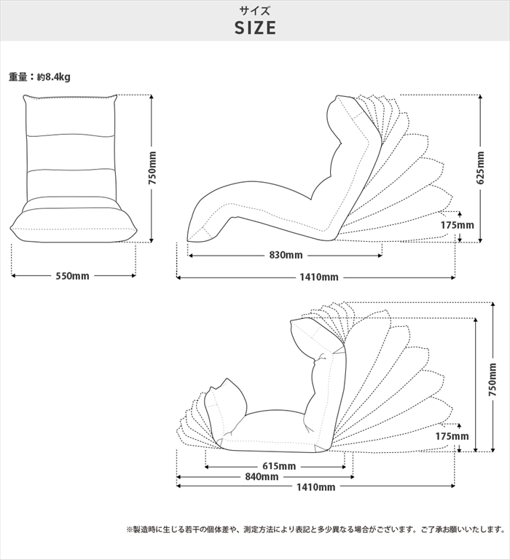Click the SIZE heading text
pyautogui.click(x=255, y=28)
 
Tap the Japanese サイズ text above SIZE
pyautogui.click(x=255, y=11)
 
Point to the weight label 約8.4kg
pyautogui.click(x=54, y=76)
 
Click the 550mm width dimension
pyautogui.click(x=73, y=276)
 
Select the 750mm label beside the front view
pyautogui.click(x=152, y=168)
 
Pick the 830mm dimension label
pyautogui.click(x=286, y=255)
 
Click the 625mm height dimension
pyautogui.click(x=480, y=168)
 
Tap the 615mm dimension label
pyautogui.click(x=279, y=466)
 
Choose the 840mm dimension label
pyautogui.click(x=262, y=477)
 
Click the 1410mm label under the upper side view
pyautogui.click(x=319, y=277)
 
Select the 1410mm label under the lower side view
pyautogui.click(x=316, y=487)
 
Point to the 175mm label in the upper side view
pyautogui.click(x=457, y=225)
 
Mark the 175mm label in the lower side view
pyautogui.click(x=452, y=436)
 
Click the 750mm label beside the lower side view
pyautogui.click(x=493, y=379)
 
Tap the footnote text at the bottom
pyautogui.click(x=315, y=529)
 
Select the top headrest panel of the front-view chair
pyautogui.click(x=71, y=116)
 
